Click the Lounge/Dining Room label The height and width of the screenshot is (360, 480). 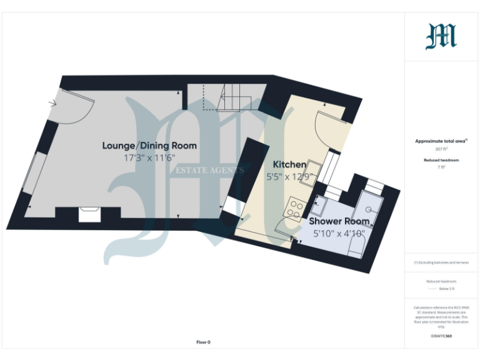(149, 146)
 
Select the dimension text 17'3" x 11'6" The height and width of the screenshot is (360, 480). (149, 158)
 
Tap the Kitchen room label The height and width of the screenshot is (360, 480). (289, 164)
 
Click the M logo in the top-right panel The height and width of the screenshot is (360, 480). (441, 36)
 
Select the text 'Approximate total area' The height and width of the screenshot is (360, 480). (441, 141)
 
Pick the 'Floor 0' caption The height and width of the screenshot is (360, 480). (203, 342)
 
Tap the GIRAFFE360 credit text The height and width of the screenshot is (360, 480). (441, 336)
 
